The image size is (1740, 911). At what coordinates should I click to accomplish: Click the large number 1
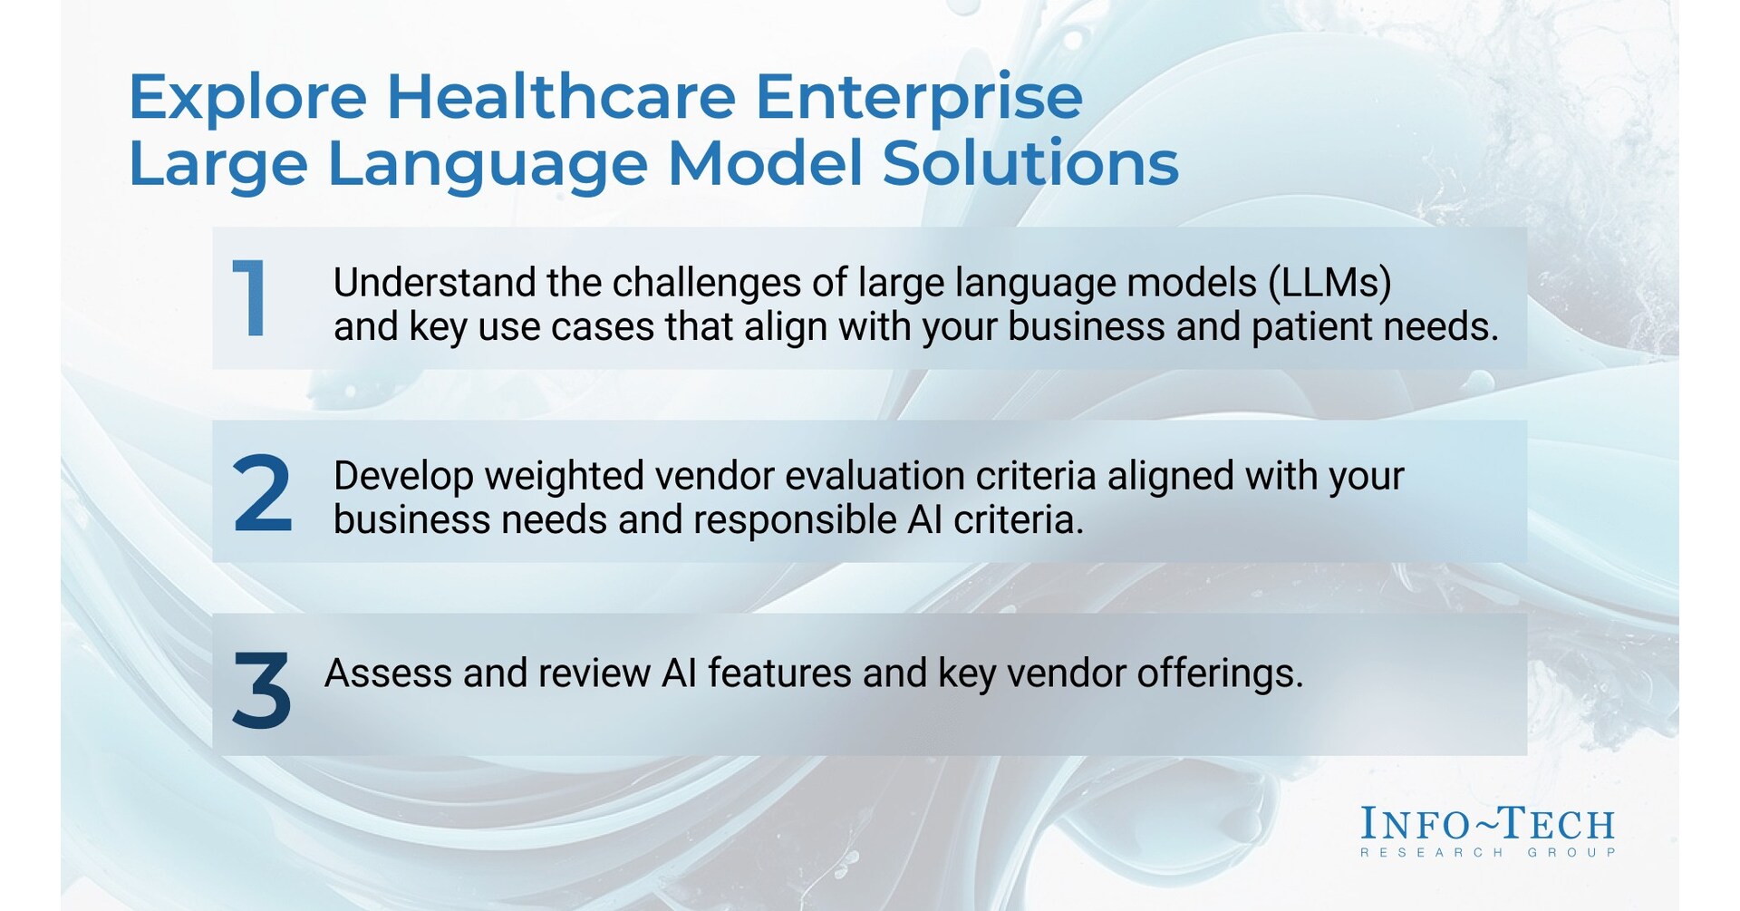tap(251, 298)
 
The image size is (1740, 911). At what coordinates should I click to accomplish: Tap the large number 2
tap(262, 494)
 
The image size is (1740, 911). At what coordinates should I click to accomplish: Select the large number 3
tap(261, 690)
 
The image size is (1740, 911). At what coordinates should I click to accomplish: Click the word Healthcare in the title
tap(561, 96)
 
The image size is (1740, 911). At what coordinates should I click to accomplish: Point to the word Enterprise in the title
tap(919, 98)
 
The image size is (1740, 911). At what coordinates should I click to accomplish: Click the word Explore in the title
tap(247, 98)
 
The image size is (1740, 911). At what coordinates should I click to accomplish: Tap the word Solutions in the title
tap(1030, 164)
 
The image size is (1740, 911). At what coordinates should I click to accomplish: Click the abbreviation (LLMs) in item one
tap(1329, 284)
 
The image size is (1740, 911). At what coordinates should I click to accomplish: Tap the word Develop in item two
tap(403, 477)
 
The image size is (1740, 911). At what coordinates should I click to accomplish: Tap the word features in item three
tap(779, 674)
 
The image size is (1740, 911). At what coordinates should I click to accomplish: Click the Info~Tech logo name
tap(1487, 824)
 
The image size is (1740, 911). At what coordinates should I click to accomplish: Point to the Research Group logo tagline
tap(1487, 853)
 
